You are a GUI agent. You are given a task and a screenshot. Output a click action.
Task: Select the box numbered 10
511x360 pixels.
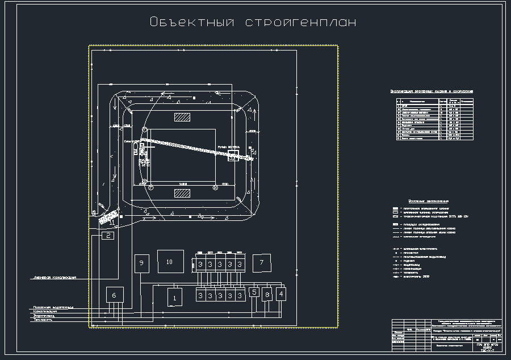[169, 262]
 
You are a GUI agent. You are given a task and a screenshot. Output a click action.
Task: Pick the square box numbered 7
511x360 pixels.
[262, 262]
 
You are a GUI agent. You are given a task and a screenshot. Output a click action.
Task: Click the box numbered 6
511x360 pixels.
[114, 295]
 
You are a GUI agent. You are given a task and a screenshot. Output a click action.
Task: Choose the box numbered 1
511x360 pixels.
[175, 296]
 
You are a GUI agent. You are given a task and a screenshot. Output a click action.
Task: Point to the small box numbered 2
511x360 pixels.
[107, 236]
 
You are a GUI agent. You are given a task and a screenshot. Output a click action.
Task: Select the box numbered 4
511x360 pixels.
[280, 293]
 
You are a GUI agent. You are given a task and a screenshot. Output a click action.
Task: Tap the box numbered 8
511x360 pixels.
[267, 295]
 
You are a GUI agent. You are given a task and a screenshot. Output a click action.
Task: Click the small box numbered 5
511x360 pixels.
[254, 292]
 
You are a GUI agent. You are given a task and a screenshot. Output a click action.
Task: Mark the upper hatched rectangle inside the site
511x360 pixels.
[182, 117]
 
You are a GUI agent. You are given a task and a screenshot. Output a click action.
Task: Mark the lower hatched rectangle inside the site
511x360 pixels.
[182, 194]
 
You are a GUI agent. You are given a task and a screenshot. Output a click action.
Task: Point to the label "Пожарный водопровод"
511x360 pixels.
[53, 307]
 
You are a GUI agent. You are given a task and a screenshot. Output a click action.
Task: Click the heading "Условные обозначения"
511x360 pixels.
[429, 201]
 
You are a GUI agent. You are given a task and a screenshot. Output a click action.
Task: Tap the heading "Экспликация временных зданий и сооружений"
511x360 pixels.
[432, 91]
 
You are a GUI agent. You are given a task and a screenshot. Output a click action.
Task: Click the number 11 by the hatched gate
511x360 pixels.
[112, 222]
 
